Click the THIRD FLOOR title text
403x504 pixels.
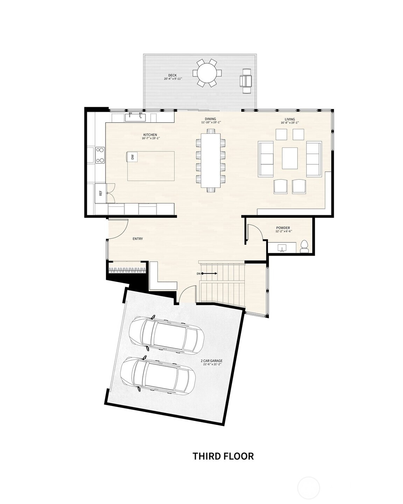click(223, 456)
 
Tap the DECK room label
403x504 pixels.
click(172, 75)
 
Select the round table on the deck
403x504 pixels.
click(207, 73)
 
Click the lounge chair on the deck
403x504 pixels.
click(247, 81)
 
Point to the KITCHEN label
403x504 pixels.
click(150, 135)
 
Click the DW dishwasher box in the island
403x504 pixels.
click(132, 157)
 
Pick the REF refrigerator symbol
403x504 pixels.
click(101, 193)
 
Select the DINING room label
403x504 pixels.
click(211, 119)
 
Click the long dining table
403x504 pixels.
click(211, 160)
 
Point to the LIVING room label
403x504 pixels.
click(290, 119)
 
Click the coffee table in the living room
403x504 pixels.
click(290, 158)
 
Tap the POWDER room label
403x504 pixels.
click(283, 228)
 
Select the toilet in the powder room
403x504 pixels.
click(304, 246)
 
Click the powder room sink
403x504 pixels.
click(282, 248)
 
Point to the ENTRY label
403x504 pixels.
click(137, 239)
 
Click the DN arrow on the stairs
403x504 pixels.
click(207, 274)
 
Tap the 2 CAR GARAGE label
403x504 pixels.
click(211, 361)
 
